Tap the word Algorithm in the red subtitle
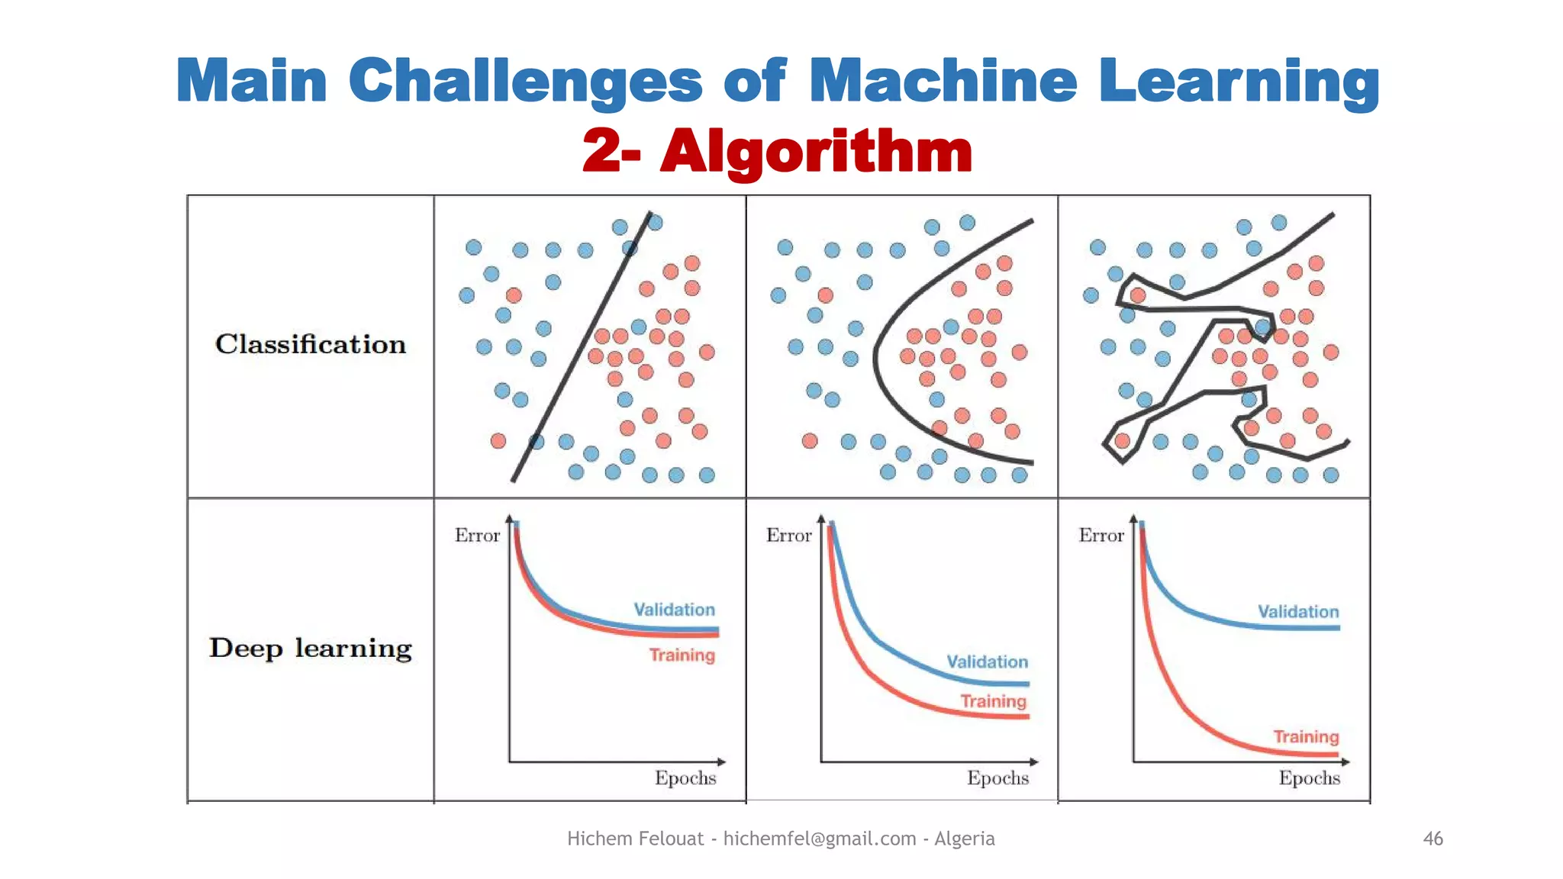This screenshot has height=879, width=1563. [x=816, y=150]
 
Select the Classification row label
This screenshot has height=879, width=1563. [x=310, y=344]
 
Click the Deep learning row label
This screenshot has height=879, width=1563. [x=310, y=649]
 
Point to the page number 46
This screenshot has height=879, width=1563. [x=1432, y=839]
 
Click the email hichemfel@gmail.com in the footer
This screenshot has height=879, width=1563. [x=819, y=839]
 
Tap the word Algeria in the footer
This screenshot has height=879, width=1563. [x=964, y=839]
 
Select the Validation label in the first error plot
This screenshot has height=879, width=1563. [x=674, y=610]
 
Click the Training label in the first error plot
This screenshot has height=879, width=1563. [x=682, y=655]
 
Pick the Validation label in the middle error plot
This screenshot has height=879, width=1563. [x=987, y=662]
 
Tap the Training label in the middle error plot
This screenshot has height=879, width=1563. [x=993, y=701]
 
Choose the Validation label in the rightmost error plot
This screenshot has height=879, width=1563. [x=1298, y=612]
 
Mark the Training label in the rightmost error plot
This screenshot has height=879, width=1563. [x=1306, y=737]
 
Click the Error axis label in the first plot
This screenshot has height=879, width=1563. [x=477, y=536]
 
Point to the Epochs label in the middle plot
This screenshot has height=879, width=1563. [x=997, y=778]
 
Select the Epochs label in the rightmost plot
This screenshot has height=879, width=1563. [x=1309, y=778]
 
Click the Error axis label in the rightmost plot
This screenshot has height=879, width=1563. [x=1101, y=536]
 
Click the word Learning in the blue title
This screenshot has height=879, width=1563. [x=1239, y=82]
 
